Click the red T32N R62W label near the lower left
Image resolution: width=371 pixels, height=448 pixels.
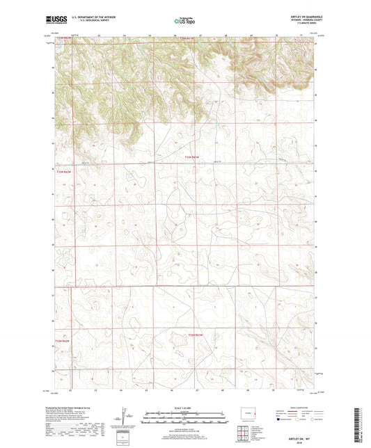[63, 341]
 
